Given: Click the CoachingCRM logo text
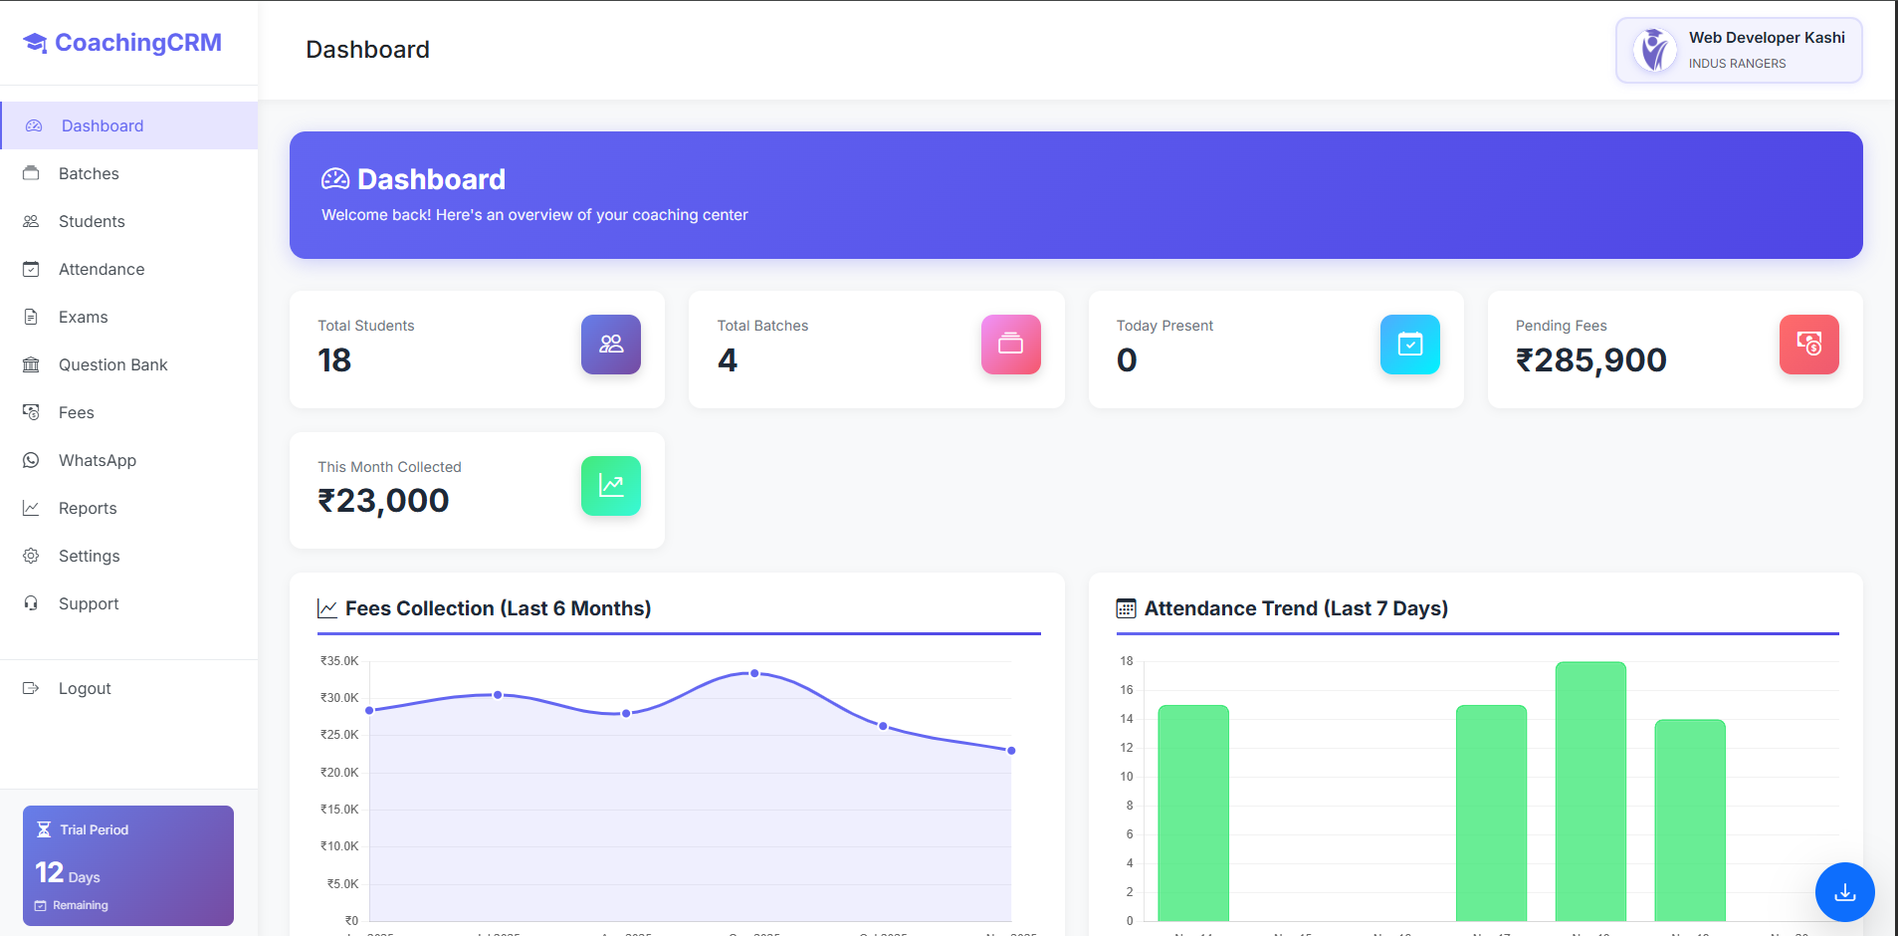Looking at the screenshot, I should click(x=137, y=43).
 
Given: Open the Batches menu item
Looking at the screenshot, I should click(x=89, y=173).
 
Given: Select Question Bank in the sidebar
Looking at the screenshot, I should click(x=112, y=364).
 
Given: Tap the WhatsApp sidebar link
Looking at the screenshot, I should click(x=97, y=460).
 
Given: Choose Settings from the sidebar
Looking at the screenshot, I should click(x=89, y=556).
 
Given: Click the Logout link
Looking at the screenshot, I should click(x=85, y=688).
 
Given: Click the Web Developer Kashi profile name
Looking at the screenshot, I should click(x=1766, y=38).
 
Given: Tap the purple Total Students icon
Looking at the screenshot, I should click(x=610, y=345).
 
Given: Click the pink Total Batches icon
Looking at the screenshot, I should click(x=1010, y=345).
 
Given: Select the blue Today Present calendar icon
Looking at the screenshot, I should click(x=1409, y=345).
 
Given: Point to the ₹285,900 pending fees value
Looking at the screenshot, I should click(x=1590, y=360).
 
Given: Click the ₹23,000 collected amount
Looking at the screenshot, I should click(x=383, y=501).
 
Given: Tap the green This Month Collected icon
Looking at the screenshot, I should click(x=610, y=486).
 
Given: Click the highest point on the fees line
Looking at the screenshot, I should click(x=754, y=674).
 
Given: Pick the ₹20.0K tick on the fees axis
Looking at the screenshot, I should click(x=339, y=773).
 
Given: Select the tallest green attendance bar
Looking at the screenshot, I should click(x=1589, y=792).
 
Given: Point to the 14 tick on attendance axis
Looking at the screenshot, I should click(x=1127, y=719).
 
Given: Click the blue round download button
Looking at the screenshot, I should click(x=1844, y=892).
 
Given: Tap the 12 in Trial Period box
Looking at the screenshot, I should click(x=49, y=873).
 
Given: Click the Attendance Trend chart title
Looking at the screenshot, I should click(x=1295, y=608).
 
